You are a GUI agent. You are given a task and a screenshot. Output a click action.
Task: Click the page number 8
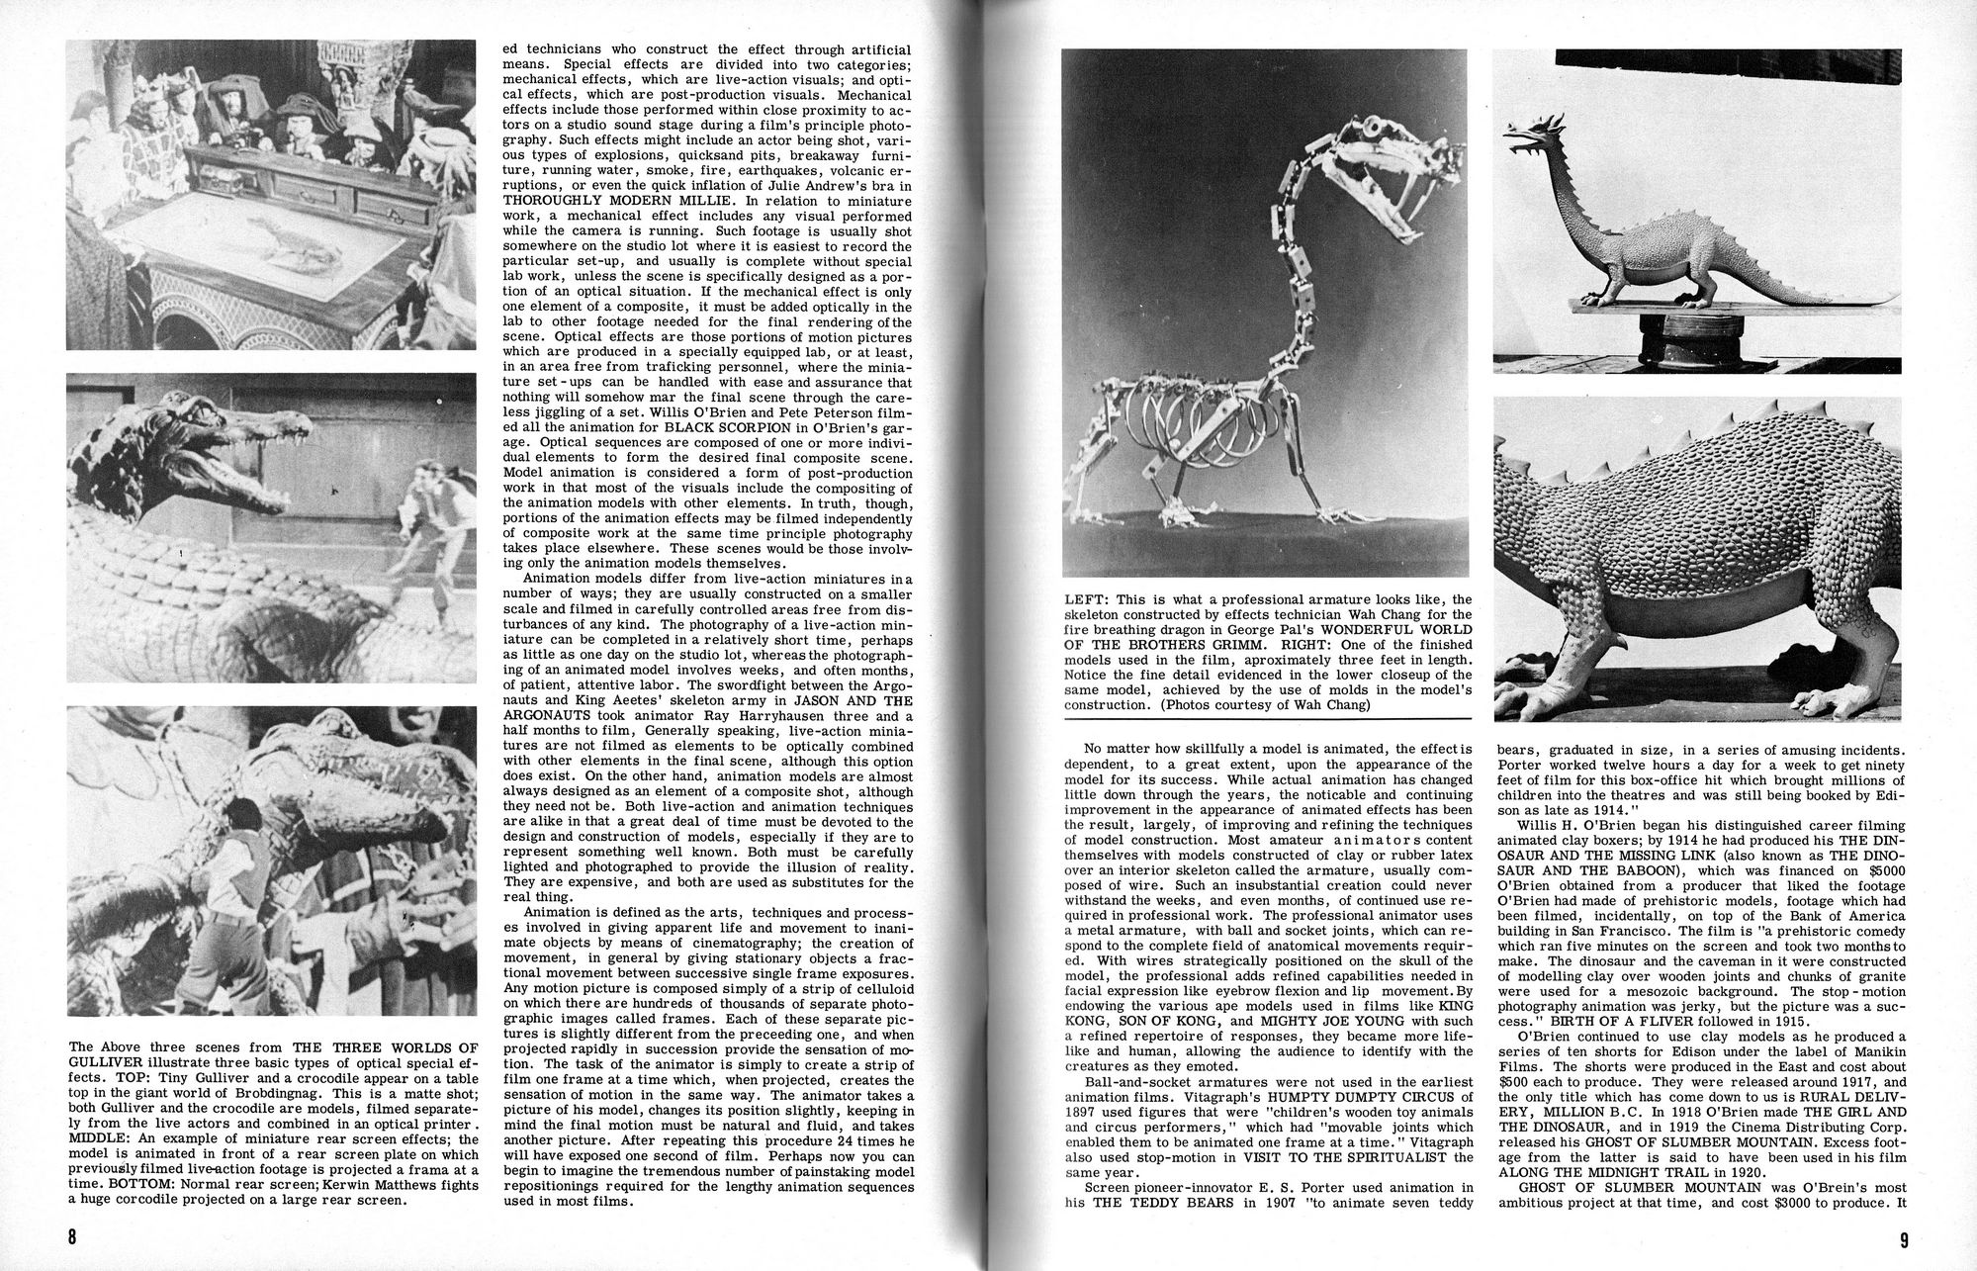72,1237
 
